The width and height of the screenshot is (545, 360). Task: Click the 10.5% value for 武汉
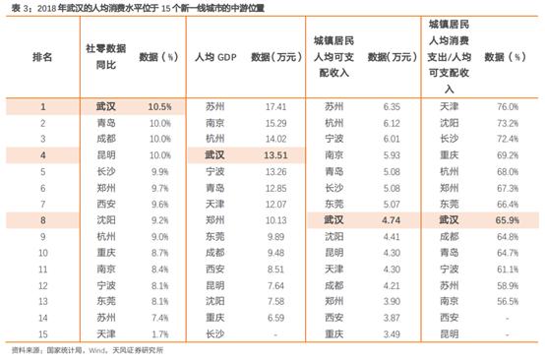159,105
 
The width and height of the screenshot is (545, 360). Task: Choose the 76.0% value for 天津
509,105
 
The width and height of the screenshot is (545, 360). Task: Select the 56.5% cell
509,303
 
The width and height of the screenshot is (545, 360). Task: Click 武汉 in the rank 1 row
103,105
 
